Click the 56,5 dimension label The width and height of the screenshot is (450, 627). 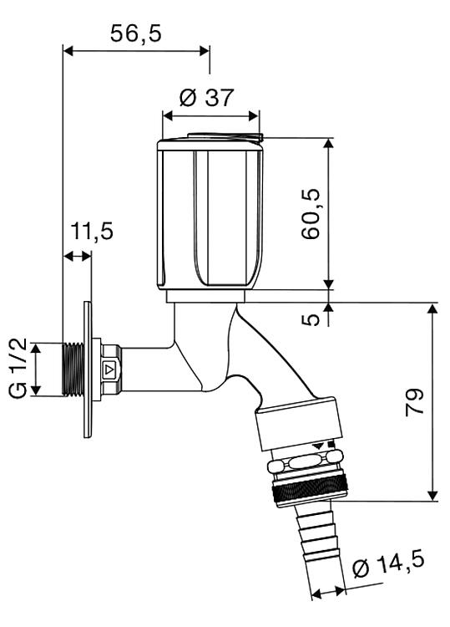136,33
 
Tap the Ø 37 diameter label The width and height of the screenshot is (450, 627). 206,97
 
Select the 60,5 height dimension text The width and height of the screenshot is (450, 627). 311,214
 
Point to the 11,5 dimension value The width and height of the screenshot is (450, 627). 92,232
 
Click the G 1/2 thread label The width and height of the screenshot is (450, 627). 18,368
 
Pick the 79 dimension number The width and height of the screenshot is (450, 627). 414,402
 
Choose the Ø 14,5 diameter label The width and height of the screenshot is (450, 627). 388,564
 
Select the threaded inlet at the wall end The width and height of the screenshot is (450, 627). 73,370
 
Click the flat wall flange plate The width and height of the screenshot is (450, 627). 88,370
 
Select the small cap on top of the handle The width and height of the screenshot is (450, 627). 225,136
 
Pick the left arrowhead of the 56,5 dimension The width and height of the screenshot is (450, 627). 68,51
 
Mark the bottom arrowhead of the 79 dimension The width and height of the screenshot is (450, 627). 432,496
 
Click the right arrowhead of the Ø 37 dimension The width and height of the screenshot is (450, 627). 254,116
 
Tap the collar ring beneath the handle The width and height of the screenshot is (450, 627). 206,296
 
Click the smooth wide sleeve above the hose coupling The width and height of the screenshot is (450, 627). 300,424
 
